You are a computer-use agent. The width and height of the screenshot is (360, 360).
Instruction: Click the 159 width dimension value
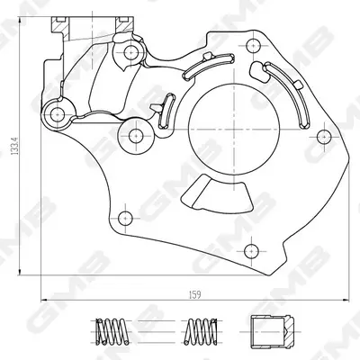tap(194, 294)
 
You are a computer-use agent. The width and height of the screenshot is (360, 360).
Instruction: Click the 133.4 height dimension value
tap(14, 146)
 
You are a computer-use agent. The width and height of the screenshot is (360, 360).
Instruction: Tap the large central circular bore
tap(235, 130)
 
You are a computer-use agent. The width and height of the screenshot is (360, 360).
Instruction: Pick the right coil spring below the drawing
tap(201, 331)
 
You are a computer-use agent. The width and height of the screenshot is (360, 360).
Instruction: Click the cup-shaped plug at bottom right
tap(271, 331)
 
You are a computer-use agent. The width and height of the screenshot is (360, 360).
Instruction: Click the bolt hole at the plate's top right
tap(253, 46)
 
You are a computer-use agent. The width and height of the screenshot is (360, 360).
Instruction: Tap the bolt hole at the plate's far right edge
tap(323, 137)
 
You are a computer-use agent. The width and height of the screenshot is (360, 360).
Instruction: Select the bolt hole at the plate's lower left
tap(125, 218)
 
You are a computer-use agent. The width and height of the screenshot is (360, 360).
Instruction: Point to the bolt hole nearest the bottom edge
tap(251, 251)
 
